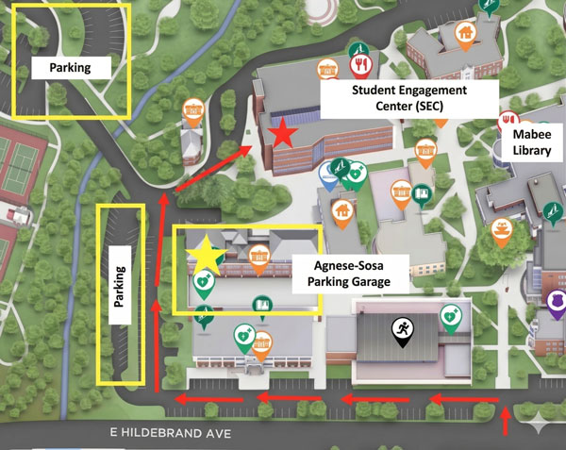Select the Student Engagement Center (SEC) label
(x=408, y=97)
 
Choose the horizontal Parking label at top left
(x=71, y=67)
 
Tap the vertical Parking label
(x=120, y=284)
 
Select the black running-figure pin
(x=403, y=330)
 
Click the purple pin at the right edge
(x=557, y=303)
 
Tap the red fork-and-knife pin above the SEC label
(x=360, y=64)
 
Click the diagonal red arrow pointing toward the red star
(x=208, y=169)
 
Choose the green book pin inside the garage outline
(x=262, y=305)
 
